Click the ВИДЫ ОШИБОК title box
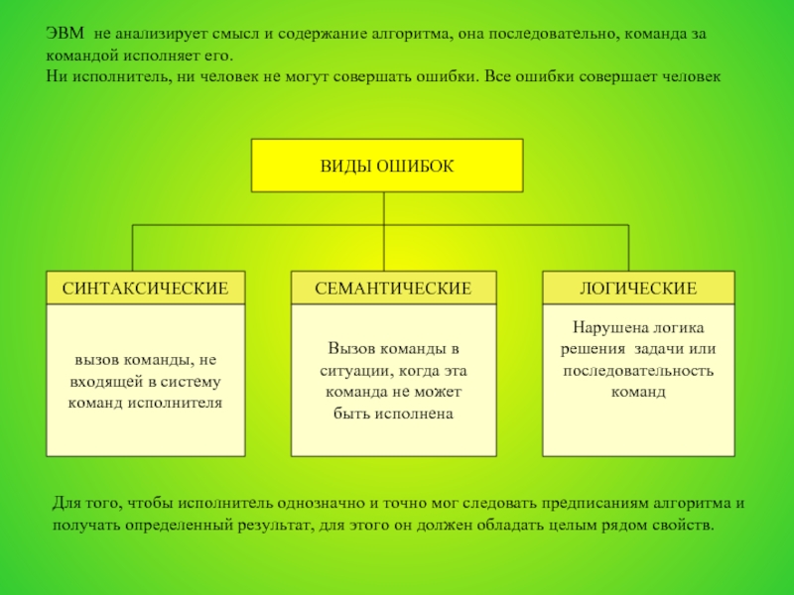pyautogui.click(x=387, y=166)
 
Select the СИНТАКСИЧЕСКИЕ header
pyautogui.click(x=146, y=288)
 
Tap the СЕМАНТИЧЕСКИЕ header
pyautogui.click(x=393, y=288)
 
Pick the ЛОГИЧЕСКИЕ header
pyautogui.click(x=638, y=288)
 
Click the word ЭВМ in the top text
pyautogui.click(x=66, y=34)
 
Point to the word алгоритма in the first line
pyautogui.click(x=409, y=34)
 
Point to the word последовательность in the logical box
pyautogui.click(x=638, y=371)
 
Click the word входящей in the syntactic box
pyautogui.click(x=106, y=382)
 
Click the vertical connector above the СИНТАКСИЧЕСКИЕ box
pyautogui.click(x=133, y=248)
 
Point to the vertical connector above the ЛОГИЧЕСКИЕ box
pyautogui.click(x=628, y=248)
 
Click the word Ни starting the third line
pyautogui.click(x=57, y=76)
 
